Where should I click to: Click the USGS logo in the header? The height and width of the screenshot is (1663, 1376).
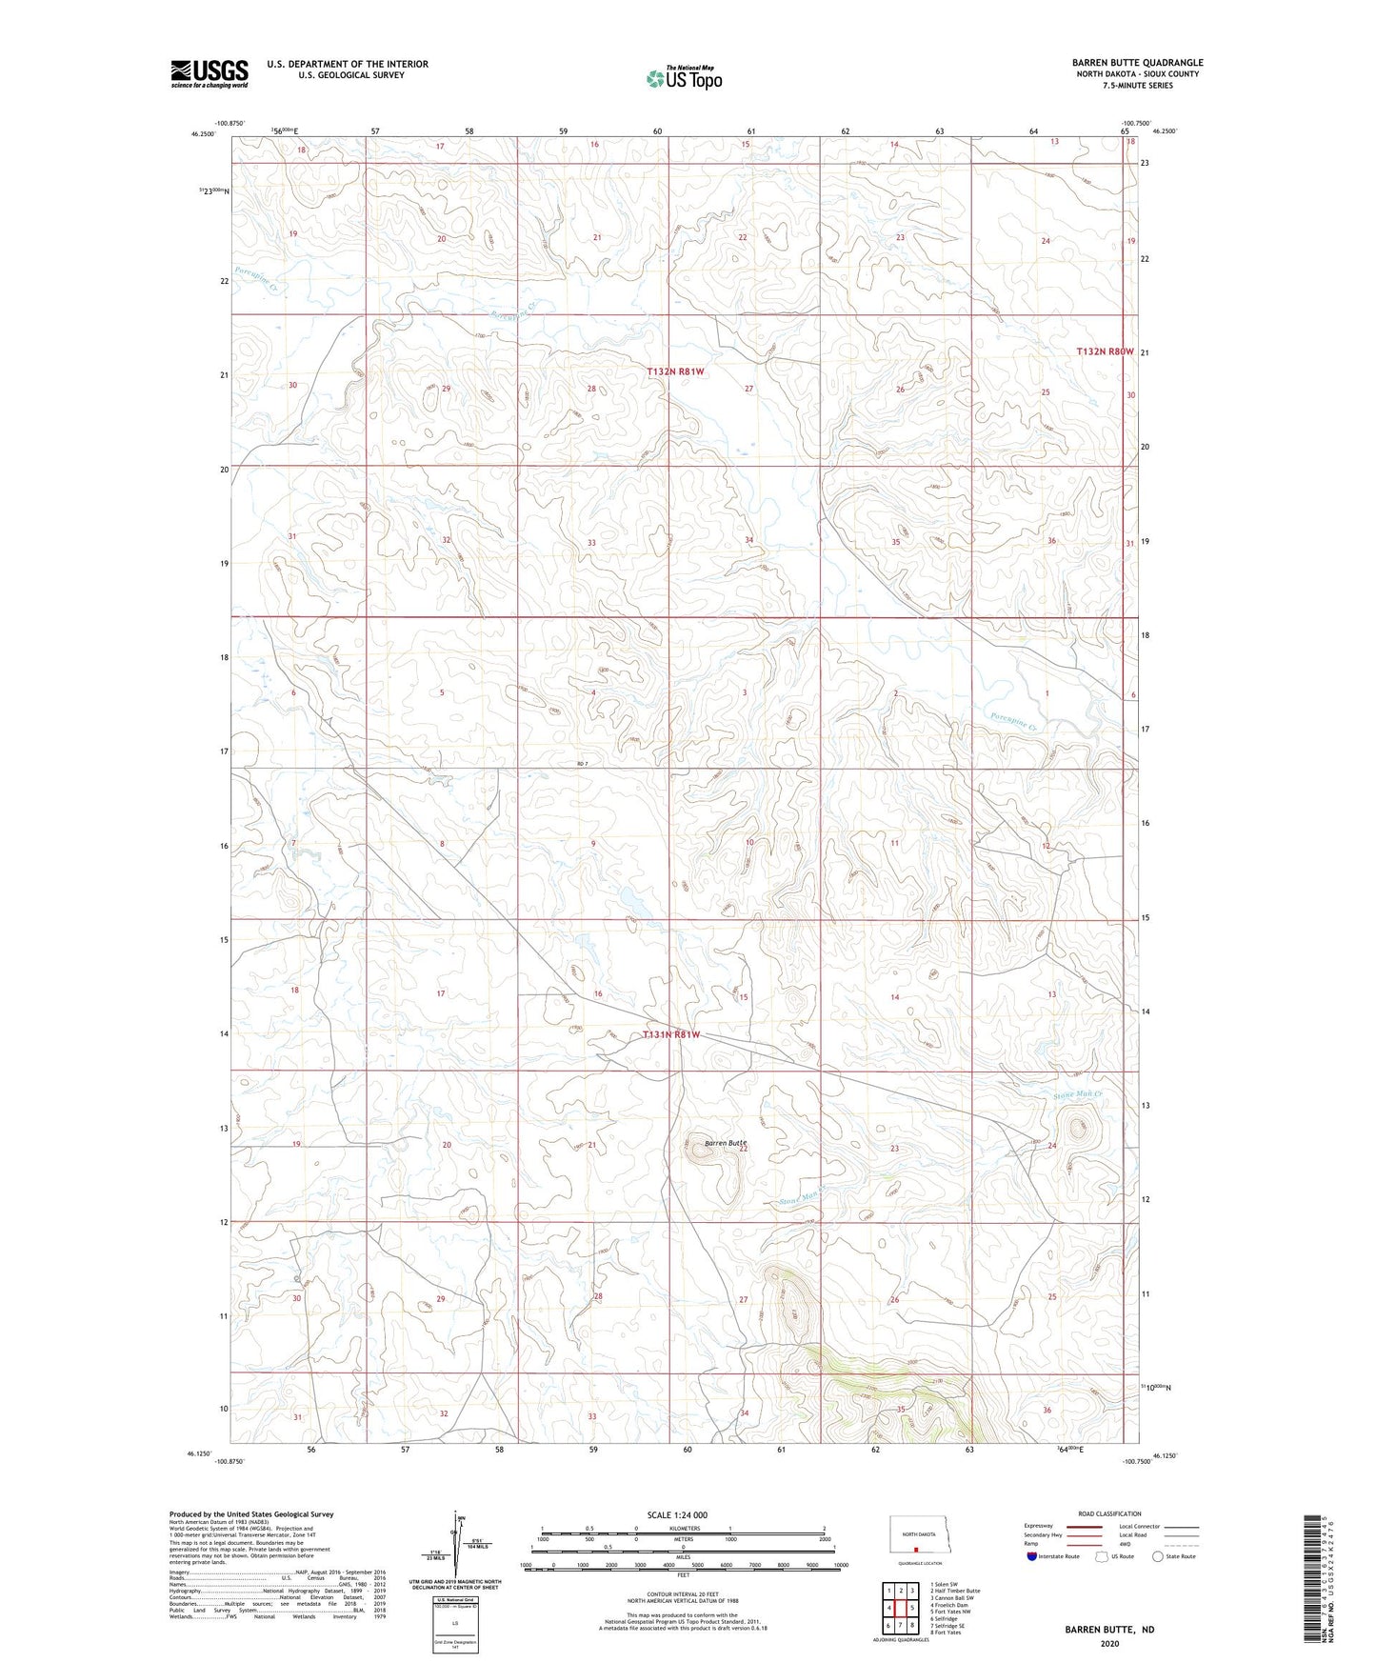[209, 73]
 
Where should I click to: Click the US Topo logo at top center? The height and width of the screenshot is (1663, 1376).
[683, 78]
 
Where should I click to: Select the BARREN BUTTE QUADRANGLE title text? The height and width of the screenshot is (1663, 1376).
[1137, 63]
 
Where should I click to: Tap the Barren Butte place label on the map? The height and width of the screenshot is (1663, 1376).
[726, 1142]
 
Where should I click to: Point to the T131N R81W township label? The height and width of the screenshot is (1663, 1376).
[671, 1034]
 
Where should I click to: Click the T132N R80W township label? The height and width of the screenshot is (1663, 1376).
[1105, 351]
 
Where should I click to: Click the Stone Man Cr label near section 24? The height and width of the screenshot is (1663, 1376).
[1077, 1095]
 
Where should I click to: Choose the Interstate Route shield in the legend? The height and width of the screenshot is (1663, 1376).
[1032, 1556]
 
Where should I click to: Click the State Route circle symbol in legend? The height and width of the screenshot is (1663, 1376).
[1158, 1556]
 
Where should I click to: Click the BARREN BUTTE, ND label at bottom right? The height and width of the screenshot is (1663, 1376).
[1109, 1630]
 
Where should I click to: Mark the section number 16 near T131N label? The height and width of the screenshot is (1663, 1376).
[598, 993]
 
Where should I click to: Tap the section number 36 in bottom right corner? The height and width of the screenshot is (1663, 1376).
[1047, 1410]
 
